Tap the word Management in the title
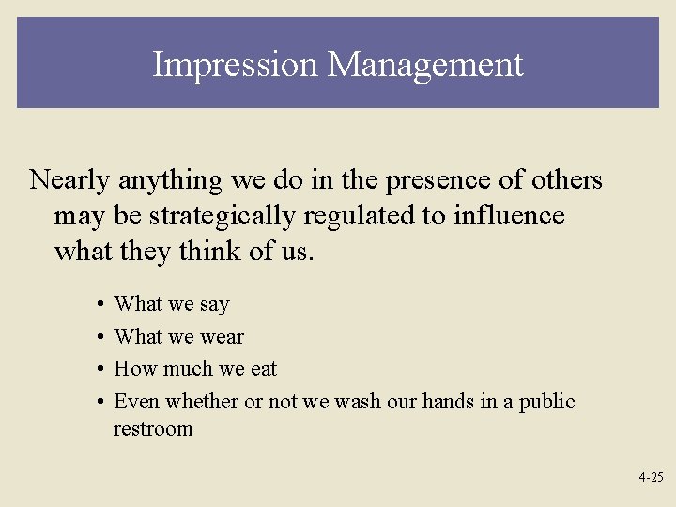coord(425,65)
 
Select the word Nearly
coord(72,180)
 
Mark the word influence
coord(509,216)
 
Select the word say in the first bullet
coord(214,304)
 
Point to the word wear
coord(222,336)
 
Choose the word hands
coord(448,401)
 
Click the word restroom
coord(152,429)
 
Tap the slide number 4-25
coord(651,477)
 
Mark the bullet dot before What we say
coord(99,304)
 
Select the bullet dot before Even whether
coord(99,402)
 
